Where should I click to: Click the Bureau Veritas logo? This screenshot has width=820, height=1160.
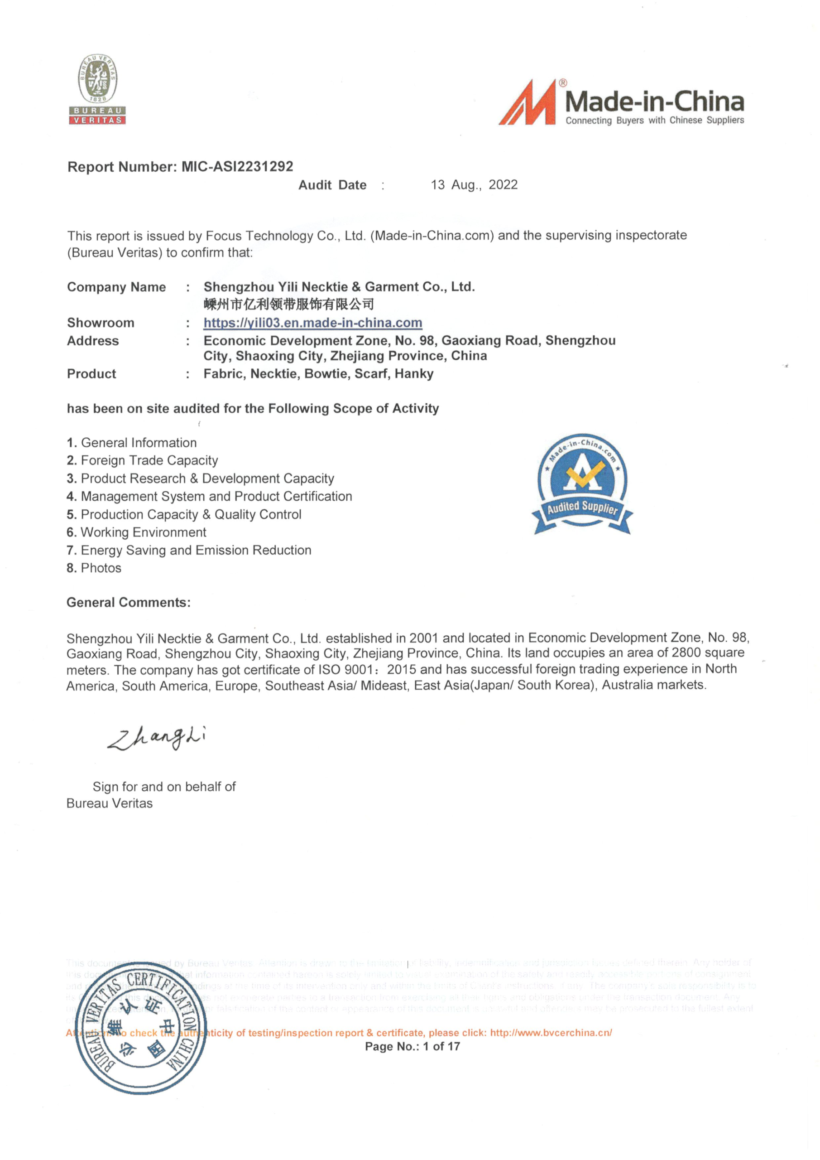coord(97,89)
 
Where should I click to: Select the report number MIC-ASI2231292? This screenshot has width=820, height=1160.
coord(237,166)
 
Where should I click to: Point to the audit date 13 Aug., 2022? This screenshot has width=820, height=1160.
coord(474,184)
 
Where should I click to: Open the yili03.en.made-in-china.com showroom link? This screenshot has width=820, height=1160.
coord(312,322)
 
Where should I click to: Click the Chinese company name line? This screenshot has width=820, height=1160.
coord(288,304)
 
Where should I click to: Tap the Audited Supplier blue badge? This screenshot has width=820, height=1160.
coord(582,483)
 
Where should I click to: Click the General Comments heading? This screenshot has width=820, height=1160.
coord(128,602)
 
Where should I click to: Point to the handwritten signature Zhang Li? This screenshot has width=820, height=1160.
coord(157,738)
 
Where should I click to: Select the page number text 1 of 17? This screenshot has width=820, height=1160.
coord(441,1046)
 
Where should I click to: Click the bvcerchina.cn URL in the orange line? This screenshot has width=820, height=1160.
coord(551,1033)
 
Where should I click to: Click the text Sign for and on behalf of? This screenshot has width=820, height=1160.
coord(164,787)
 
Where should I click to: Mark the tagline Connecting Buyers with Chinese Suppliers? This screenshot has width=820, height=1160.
coord(654,120)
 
